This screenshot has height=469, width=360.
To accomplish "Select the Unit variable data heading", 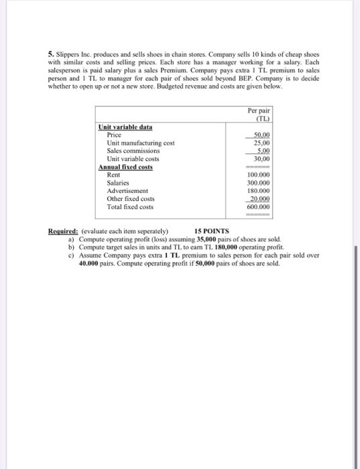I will (x=125, y=127).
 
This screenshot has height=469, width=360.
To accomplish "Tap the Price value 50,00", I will (x=260, y=135).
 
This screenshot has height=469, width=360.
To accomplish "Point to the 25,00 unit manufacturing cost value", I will (x=261, y=143).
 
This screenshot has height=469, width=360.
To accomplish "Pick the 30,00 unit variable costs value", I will (x=261, y=159).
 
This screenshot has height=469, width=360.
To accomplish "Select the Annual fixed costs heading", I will (x=125, y=167).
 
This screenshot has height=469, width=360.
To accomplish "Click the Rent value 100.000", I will (x=259, y=175).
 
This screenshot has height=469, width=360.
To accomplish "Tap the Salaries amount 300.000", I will (x=259, y=183).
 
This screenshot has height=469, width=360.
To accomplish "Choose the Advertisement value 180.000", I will (x=259, y=191).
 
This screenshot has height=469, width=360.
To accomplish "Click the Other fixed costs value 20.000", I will (x=259, y=199).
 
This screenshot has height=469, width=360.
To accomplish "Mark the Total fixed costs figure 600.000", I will (x=259, y=207).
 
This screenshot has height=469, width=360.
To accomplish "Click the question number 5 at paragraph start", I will (x=50, y=53).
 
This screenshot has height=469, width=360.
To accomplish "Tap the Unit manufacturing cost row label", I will (x=141, y=143).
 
